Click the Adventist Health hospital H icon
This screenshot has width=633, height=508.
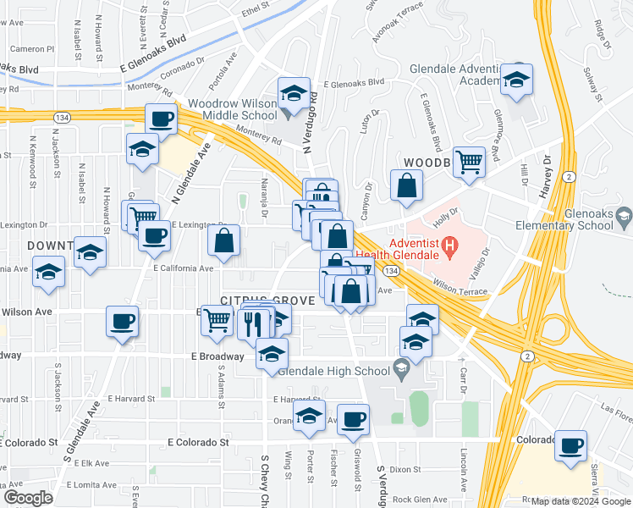click(x=450, y=248)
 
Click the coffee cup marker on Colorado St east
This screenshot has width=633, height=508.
click(x=572, y=444)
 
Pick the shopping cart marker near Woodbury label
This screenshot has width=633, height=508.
click(x=469, y=160)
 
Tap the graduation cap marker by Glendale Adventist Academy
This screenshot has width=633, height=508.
click(x=515, y=79)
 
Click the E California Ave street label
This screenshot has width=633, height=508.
click(x=183, y=268)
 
